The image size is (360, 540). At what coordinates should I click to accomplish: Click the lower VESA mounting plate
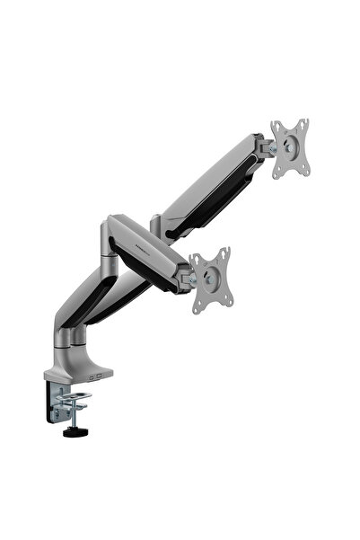point(211,280)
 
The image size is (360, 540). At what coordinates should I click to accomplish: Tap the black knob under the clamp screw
point(70,433)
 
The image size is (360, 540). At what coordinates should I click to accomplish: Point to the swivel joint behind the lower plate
point(189,279)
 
